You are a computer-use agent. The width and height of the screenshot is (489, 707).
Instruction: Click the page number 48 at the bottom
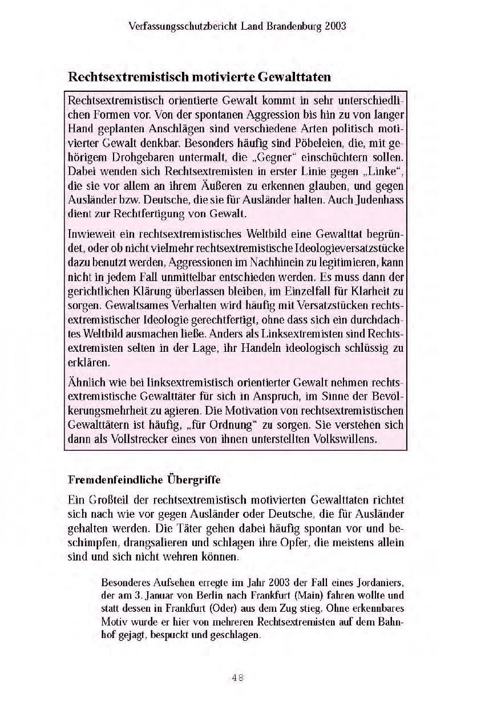pos(237,678)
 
